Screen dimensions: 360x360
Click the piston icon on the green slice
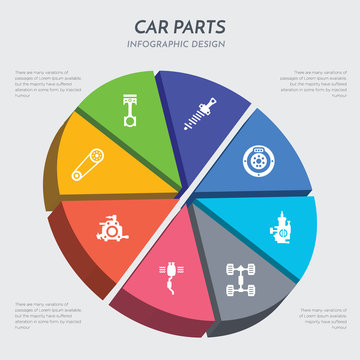(128, 107)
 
